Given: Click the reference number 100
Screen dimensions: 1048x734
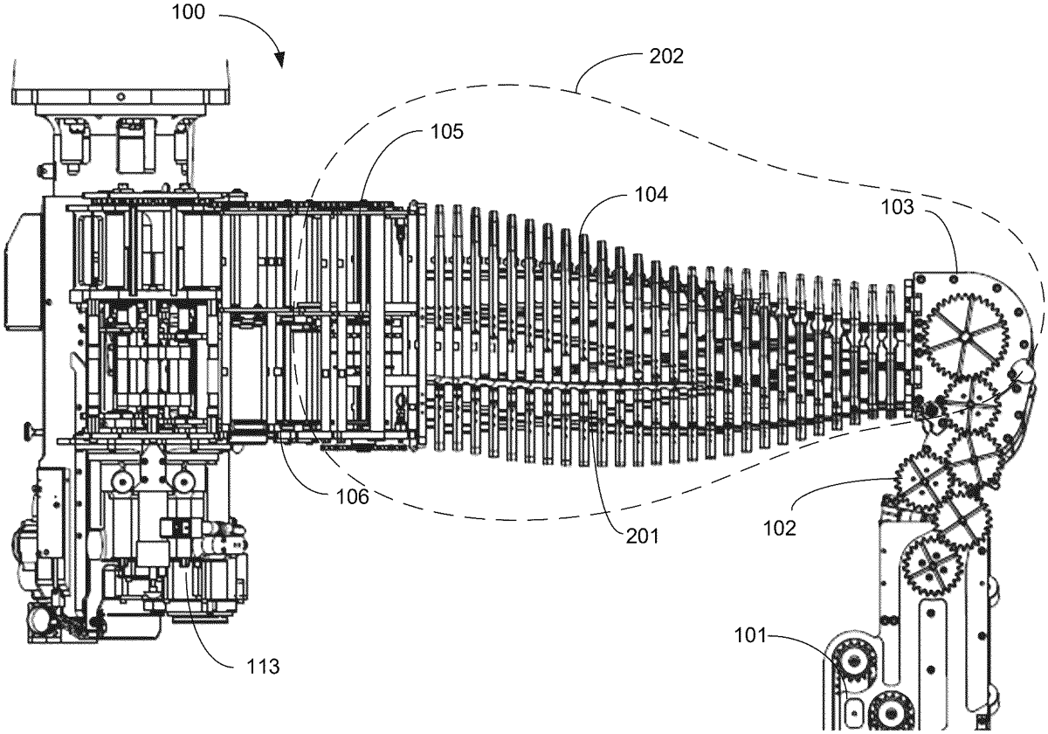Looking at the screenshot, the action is (x=188, y=12).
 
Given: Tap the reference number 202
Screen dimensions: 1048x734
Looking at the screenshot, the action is (x=666, y=56).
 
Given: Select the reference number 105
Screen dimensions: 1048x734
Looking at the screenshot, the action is (x=447, y=132).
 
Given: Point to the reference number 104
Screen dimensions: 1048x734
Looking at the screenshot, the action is (x=652, y=194).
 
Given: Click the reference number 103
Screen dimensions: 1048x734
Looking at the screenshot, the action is (x=898, y=207).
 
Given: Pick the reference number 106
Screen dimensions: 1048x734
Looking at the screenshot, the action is (x=353, y=496).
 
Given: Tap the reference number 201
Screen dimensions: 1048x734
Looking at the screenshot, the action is (x=643, y=537).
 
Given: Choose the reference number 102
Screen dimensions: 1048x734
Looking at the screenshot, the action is (x=779, y=529).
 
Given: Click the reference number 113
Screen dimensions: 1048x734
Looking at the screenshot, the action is (x=263, y=667).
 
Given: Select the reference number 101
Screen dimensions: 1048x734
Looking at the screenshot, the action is (x=750, y=636).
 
